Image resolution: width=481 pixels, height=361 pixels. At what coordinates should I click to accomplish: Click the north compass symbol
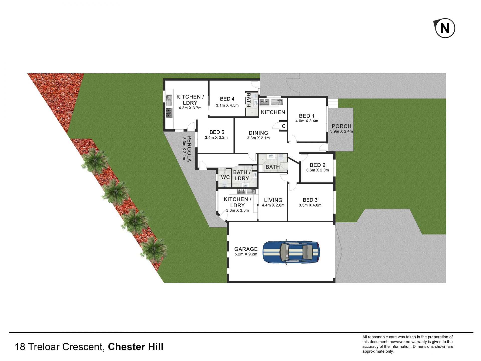coord(445,28)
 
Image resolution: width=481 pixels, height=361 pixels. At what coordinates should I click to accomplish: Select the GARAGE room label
coord(246,249)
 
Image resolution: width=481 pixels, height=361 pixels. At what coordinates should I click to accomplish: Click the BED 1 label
coord(307,116)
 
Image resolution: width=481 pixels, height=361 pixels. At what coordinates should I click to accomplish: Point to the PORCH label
coord(341,126)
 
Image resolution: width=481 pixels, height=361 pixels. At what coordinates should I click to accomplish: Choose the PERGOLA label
coord(190,149)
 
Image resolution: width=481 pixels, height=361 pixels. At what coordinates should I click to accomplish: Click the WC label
coord(225,177)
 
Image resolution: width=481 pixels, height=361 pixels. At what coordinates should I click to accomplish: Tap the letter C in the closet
coord(284,126)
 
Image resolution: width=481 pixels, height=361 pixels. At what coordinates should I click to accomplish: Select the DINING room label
coord(258,133)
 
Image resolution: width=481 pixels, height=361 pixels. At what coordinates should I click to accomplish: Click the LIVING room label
coord(273,200)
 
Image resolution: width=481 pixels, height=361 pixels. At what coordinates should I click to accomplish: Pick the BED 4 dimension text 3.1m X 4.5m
coord(227,105)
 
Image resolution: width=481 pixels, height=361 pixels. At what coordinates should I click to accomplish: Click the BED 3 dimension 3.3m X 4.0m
coord(310,205)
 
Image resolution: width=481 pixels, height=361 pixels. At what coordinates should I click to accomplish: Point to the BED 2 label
coord(317,165)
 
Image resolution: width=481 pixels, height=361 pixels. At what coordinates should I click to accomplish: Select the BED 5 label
coord(217,132)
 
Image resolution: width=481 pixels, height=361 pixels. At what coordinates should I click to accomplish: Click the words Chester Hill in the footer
coord(136,347)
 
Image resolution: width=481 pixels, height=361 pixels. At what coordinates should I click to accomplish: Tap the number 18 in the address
coord(20,347)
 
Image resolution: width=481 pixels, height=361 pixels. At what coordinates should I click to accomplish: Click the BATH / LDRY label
coord(242,175)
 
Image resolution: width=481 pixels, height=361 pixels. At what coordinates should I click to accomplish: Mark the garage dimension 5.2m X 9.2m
coord(246,254)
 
